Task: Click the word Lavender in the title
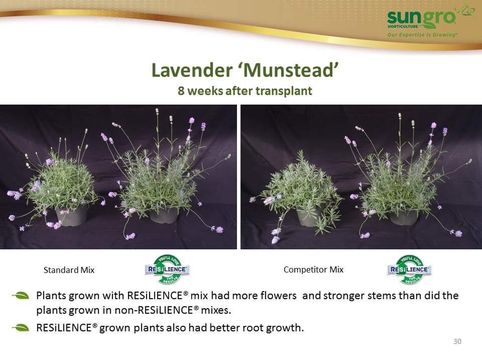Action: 192,70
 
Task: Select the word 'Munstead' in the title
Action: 288,70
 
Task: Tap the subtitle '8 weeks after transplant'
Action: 245,91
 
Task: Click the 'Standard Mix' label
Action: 69,270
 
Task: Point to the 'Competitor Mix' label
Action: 313,269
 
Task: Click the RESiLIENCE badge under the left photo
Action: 167,269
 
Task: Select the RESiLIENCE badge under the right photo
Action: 410,269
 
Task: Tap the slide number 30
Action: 457,341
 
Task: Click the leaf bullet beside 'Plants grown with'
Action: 21,296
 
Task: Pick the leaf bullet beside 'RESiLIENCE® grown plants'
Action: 21,328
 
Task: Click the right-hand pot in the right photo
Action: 404,217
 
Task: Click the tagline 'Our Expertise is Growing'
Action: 422,35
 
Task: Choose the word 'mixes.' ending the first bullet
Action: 216,310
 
